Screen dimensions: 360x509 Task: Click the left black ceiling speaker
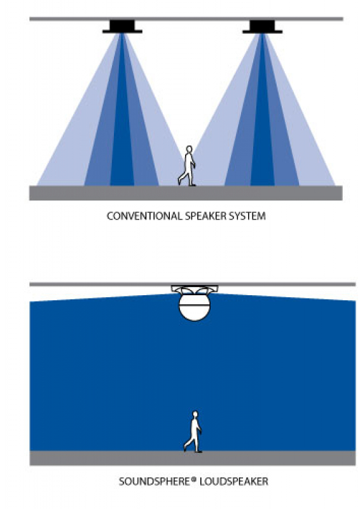pos(122,27)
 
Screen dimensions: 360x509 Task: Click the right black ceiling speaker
pos(262,27)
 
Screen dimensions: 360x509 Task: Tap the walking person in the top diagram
pos(188,166)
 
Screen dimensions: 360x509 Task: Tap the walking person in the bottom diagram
pos(193,432)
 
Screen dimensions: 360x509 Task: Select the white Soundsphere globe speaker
pos(195,307)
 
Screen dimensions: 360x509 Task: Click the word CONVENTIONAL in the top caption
pos(144,216)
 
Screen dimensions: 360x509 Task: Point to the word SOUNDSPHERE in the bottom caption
pos(155,481)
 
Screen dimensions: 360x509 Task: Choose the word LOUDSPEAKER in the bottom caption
pos(234,481)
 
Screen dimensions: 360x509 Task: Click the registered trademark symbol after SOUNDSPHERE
pos(194,479)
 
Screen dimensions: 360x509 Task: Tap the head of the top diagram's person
pos(189,149)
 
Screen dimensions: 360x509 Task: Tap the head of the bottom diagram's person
pos(195,415)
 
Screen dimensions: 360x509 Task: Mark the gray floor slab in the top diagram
pos(186,193)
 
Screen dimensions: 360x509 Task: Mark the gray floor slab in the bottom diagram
pos(193,458)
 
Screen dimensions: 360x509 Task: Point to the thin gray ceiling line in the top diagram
pos(186,19)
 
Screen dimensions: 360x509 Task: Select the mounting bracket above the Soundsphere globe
pos(195,289)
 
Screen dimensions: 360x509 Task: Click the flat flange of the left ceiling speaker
pos(122,31)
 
